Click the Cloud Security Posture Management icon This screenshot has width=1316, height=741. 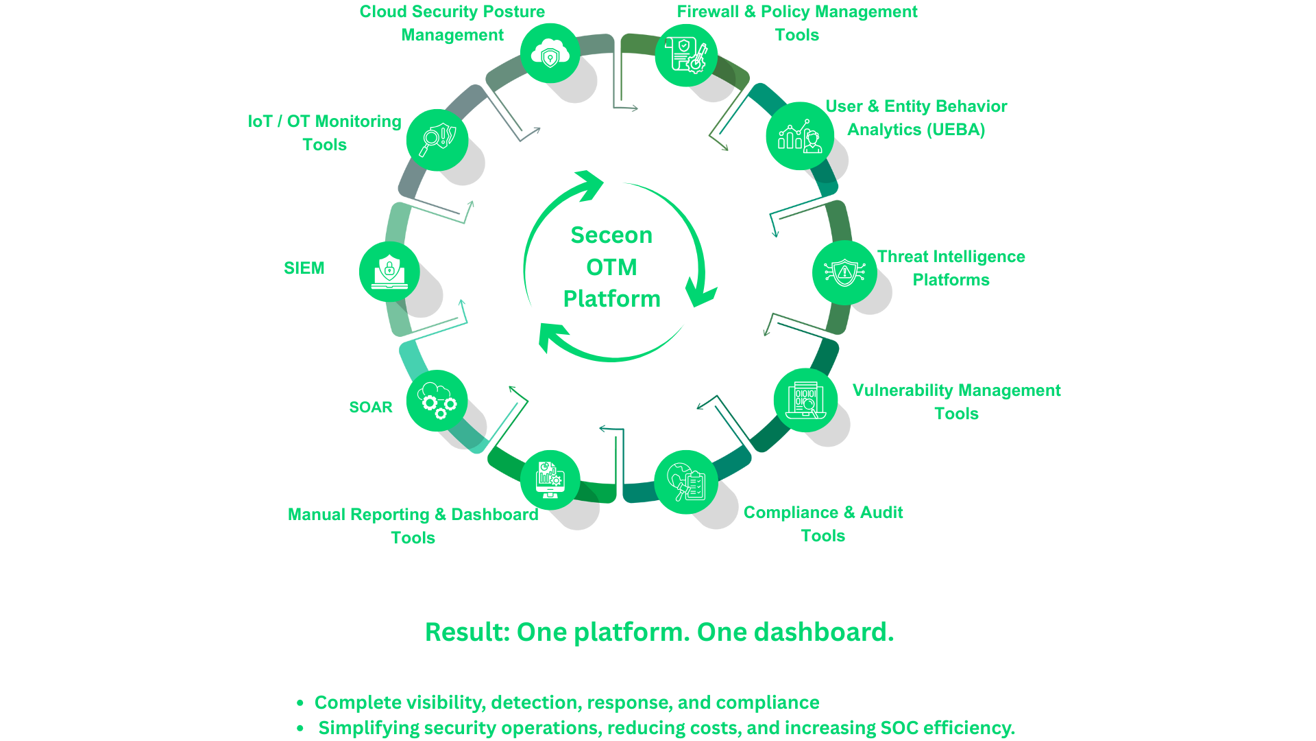550,54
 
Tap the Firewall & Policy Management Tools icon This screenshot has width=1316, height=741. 685,56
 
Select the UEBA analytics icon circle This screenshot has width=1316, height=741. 799,136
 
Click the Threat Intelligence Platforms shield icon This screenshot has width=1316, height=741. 844,272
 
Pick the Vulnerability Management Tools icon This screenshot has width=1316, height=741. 805,401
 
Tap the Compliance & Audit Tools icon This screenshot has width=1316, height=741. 685,482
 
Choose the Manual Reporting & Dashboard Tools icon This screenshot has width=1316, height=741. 550,480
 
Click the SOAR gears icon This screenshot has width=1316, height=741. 437,401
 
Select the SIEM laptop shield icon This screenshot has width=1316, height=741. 389,271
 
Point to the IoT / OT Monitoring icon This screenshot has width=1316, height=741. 437,139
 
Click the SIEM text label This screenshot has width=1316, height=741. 304,268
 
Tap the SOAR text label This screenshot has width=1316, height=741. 371,408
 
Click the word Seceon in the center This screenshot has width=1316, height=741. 611,235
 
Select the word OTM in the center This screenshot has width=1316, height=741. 611,267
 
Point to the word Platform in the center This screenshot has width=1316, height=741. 611,298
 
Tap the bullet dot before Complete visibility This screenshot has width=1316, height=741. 300,703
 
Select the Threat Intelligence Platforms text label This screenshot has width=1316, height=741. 951,268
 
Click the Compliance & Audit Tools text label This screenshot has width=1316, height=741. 823,524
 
